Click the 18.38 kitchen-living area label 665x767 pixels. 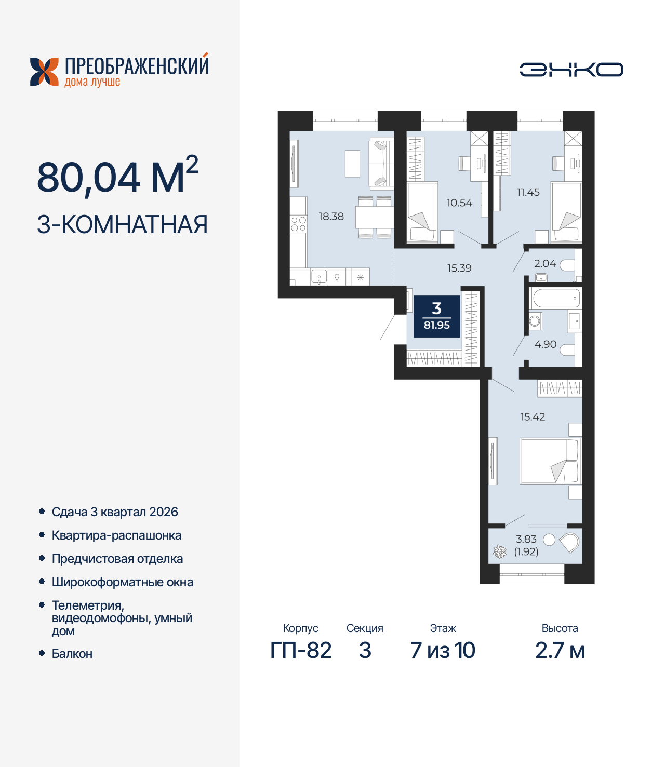[331, 217]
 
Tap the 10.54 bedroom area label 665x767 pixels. [459, 203]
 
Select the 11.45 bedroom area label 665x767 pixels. [528, 192]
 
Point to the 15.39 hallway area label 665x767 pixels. [459, 268]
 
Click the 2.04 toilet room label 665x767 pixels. [545, 263]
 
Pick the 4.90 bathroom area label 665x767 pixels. [546, 344]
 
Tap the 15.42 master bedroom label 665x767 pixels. [533, 416]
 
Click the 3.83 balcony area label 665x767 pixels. [526, 539]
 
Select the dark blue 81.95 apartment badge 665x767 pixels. [436, 317]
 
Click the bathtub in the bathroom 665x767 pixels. [556, 299]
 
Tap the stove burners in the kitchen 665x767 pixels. [299, 224]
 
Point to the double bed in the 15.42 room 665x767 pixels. [550, 461]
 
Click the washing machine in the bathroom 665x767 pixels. [535, 321]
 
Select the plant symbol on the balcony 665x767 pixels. [499, 552]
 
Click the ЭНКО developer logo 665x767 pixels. [571, 70]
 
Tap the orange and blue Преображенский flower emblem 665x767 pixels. [44, 72]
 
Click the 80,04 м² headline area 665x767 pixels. [118, 176]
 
